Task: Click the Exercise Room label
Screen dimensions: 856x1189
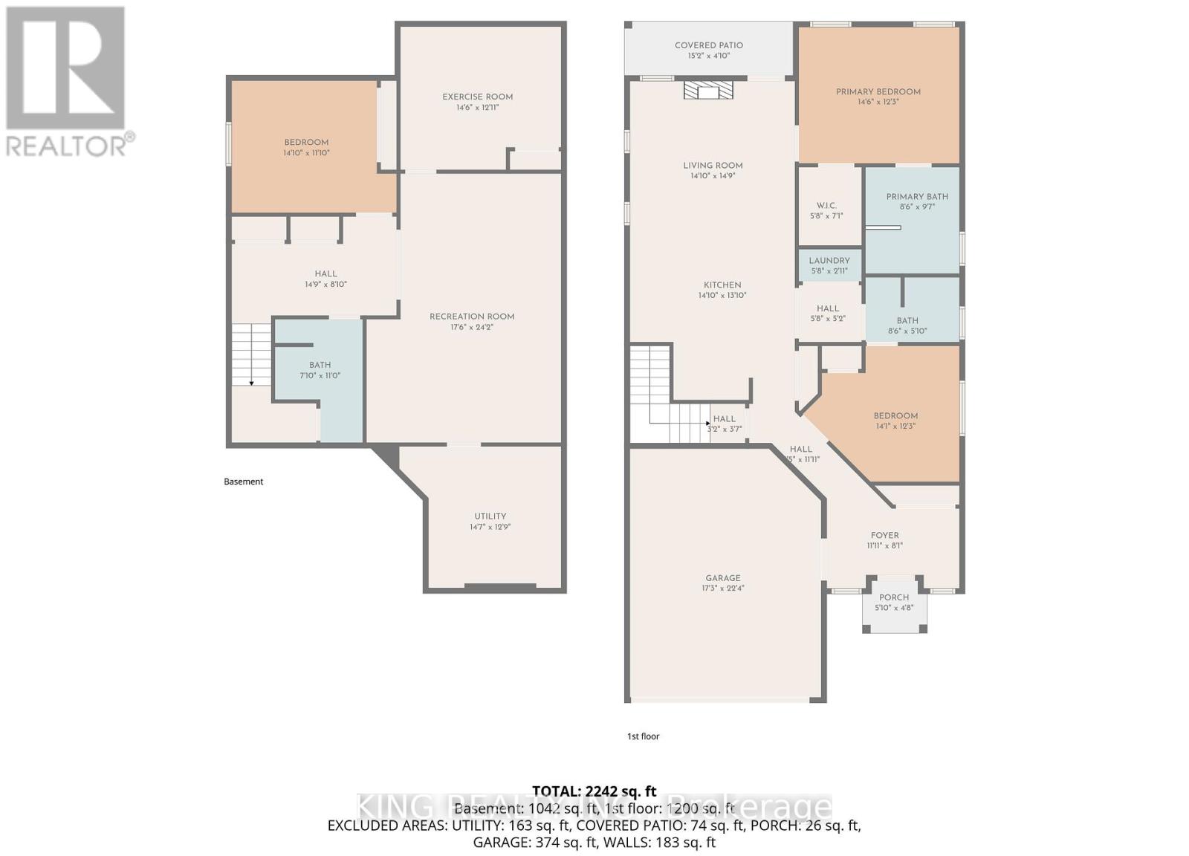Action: point(477,97)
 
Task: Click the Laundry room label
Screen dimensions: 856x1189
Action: point(829,261)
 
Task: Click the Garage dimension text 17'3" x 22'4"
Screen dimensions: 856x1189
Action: point(722,588)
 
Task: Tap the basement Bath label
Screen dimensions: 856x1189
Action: point(320,365)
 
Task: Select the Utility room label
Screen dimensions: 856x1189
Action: point(490,516)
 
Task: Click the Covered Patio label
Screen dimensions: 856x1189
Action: point(708,45)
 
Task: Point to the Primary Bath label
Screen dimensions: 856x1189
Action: point(916,197)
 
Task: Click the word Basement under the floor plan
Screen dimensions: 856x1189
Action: point(244,481)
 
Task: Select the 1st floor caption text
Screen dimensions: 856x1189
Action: point(643,736)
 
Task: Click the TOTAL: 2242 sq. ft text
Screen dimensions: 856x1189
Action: point(594,791)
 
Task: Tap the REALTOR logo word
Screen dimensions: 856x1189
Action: point(67,146)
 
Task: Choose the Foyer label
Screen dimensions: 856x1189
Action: point(884,535)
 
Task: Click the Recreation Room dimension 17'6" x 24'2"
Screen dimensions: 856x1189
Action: point(471,327)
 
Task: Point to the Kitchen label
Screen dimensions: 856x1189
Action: point(722,285)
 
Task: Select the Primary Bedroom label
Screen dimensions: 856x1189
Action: point(878,92)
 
